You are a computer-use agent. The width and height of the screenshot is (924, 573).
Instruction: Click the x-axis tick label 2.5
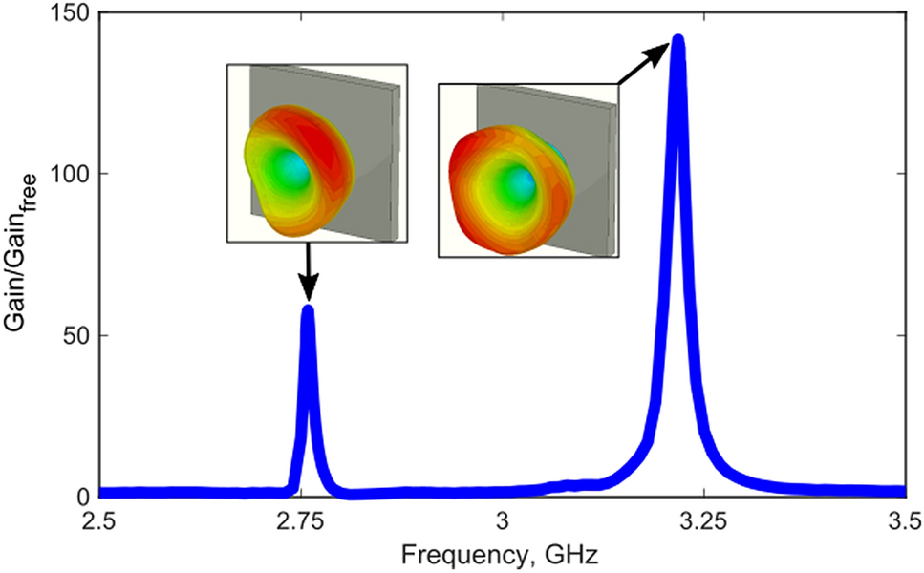pyautogui.click(x=99, y=522)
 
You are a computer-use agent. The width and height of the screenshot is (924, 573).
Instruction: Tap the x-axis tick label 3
pyautogui.click(x=503, y=522)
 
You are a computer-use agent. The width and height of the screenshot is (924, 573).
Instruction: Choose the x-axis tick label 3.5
pyautogui.click(x=904, y=522)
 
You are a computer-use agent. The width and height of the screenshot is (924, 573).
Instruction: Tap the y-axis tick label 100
pyautogui.click(x=70, y=174)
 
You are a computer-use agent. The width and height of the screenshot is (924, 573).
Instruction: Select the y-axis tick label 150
pyautogui.click(x=70, y=13)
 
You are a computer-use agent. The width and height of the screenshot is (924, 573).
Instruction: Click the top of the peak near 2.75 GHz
pyautogui.click(x=308, y=308)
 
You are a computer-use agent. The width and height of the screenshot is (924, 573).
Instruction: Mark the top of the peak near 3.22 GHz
pyautogui.click(x=678, y=40)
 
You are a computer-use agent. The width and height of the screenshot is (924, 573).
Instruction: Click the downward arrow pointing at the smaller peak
pyautogui.click(x=308, y=272)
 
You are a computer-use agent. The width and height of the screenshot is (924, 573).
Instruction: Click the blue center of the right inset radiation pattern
pyautogui.click(x=519, y=181)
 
